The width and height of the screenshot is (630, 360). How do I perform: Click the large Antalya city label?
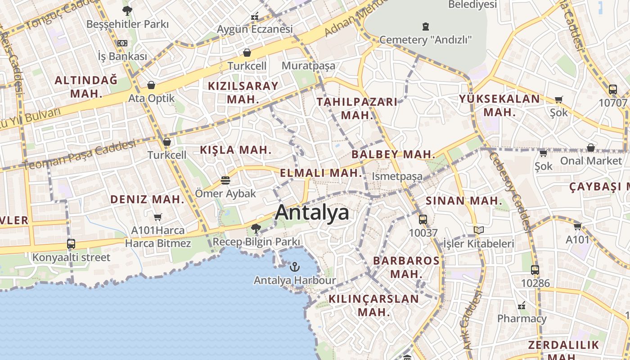point(312,212)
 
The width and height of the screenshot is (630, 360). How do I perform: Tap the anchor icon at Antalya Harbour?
point(294,267)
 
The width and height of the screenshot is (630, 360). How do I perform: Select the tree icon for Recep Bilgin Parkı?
point(256,229)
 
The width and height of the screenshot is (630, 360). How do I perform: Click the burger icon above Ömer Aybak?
point(225,180)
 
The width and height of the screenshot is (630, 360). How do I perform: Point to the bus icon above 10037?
point(423,220)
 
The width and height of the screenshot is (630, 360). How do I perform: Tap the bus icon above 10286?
point(535,270)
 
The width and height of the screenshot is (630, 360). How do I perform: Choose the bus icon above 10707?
point(612,89)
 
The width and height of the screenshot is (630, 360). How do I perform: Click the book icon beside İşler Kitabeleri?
point(479,230)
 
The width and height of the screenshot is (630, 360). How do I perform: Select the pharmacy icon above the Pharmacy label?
point(522,306)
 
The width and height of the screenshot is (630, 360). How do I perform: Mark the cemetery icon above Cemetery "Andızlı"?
point(425,27)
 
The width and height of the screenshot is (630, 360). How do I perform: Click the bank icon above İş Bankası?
point(122,43)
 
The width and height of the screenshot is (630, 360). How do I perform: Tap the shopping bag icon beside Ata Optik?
point(151,85)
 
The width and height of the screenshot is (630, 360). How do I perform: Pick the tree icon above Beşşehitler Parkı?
point(127,10)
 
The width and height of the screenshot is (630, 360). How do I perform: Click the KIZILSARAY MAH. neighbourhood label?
point(243,92)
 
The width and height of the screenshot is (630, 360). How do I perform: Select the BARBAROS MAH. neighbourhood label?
point(406,267)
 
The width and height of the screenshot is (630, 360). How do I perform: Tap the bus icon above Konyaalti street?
point(71,244)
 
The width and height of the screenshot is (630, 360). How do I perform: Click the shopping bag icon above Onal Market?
point(591,148)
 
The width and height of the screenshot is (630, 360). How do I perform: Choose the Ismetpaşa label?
point(397,176)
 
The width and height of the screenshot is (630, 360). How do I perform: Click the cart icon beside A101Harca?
point(157,217)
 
